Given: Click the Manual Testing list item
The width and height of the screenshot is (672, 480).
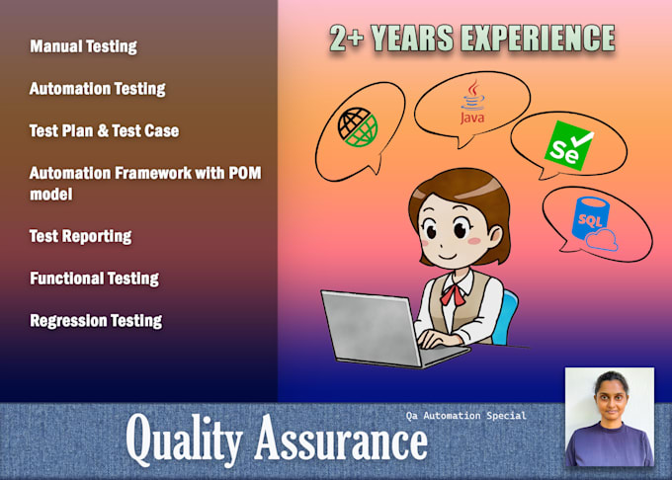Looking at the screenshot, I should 83,46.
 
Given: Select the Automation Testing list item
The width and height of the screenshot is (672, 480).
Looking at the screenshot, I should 97,89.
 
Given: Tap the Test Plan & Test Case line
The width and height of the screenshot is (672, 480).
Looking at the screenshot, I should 104,130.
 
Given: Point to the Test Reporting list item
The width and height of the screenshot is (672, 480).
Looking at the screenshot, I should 80,236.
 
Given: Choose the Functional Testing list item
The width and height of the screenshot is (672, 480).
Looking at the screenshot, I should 94,279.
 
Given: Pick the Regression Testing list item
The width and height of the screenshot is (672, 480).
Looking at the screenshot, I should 96,320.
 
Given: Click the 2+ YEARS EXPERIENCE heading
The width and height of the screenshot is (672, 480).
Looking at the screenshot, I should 471,39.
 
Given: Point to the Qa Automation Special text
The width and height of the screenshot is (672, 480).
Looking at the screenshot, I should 466,416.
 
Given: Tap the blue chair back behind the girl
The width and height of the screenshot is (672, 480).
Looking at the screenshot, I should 505,316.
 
